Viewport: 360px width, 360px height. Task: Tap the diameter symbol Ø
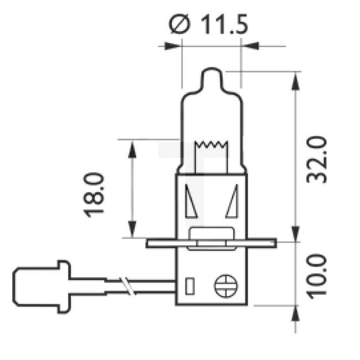(181, 25)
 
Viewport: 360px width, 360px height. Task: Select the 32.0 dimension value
(317, 161)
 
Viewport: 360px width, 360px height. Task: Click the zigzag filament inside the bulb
(212, 146)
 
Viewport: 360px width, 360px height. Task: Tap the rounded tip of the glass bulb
(211, 74)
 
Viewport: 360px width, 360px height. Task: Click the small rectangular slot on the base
(189, 286)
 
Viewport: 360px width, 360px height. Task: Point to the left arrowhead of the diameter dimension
(172, 46)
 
